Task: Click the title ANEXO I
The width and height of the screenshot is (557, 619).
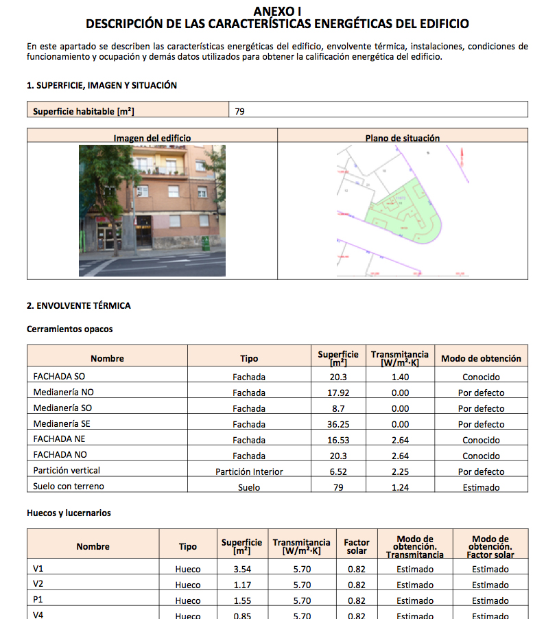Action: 277,11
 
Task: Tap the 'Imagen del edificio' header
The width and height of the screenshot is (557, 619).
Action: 152,138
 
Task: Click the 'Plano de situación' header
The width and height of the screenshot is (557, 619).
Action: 403,138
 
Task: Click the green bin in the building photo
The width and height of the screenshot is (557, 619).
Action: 205,243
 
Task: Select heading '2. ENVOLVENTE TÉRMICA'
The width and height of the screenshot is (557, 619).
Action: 78,305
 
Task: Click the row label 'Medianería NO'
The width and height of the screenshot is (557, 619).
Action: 63,393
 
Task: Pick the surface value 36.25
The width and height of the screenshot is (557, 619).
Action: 338,424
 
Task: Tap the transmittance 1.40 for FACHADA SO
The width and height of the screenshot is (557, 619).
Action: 400,377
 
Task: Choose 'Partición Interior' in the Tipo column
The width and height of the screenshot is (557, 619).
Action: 249,471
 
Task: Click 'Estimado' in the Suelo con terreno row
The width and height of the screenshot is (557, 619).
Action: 481,488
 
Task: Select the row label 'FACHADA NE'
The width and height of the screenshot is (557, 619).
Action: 59,439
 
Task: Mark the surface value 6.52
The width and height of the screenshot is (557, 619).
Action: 338,471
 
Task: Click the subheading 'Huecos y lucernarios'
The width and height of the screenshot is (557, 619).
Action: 69,513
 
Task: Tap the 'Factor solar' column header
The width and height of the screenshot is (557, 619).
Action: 357,546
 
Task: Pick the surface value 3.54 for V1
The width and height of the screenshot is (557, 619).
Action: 242,569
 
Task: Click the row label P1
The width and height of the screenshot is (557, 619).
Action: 38,600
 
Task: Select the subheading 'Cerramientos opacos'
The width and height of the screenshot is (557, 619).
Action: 69,329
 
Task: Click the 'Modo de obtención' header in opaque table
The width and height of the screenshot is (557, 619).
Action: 481,358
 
